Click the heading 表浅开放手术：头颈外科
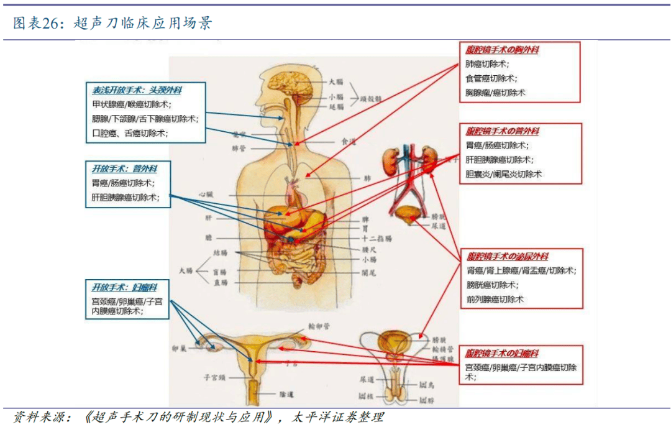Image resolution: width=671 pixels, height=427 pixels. [x=137, y=90]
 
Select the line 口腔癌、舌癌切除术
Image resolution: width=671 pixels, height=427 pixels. [x=129, y=133]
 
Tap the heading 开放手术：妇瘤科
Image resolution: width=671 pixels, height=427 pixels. [x=124, y=288]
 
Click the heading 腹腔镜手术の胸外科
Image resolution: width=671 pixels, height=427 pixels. [x=502, y=50]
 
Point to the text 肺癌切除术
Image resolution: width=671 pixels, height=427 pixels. [x=488, y=64]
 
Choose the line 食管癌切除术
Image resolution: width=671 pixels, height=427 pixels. [x=491, y=78]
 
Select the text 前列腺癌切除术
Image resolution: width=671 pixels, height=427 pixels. [x=495, y=299]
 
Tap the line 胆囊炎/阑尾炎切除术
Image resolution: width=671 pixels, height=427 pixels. [x=504, y=174]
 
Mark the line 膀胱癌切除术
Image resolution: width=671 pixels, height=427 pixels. [x=491, y=285]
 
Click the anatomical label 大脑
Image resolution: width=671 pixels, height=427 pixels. [x=336, y=81]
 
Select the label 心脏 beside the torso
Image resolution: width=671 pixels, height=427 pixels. [x=206, y=195]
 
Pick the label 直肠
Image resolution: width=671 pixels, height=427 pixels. [x=219, y=282]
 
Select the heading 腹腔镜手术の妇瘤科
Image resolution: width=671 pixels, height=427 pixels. [x=502, y=352]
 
